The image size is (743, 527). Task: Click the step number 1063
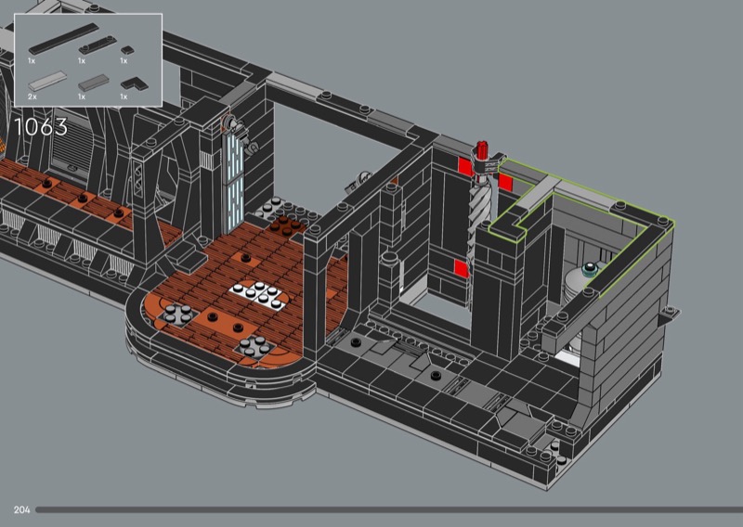point(41,127)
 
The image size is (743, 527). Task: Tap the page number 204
point(21,509)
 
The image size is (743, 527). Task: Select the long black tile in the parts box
point(63,39)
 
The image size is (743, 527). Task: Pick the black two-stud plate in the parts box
point(98,45)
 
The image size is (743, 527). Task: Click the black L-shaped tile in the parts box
point(134,84)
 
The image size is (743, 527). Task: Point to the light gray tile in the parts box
point(48,81)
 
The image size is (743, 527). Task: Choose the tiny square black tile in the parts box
point(127,49)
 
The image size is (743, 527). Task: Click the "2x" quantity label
point(33,96)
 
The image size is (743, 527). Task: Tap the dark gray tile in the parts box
point(94,82)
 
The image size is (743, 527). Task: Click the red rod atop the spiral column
point(482,148)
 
